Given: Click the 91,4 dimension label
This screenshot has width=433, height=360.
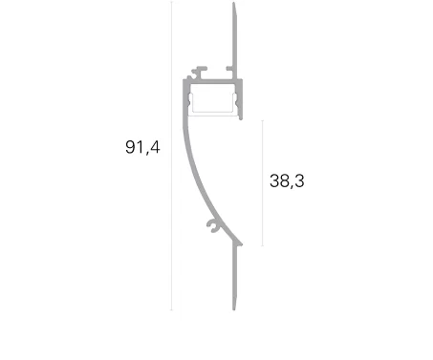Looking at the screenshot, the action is click(142, 147).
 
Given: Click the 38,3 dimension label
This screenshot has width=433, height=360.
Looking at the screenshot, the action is click(287, 180).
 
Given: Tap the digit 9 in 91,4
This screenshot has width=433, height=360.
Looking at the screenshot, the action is click(131, 147).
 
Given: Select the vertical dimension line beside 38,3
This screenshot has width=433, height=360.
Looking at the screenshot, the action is click(262, 183).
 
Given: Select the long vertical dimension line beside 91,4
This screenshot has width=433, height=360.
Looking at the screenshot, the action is click(171, 156).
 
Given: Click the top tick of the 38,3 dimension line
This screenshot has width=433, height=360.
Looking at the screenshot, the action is click(262, 120).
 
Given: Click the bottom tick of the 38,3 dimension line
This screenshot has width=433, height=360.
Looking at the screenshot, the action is click(262, 245).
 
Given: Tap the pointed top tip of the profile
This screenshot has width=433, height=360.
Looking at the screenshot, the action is click(234, 3).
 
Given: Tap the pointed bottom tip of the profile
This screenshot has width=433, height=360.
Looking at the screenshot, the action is click(234, 309).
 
